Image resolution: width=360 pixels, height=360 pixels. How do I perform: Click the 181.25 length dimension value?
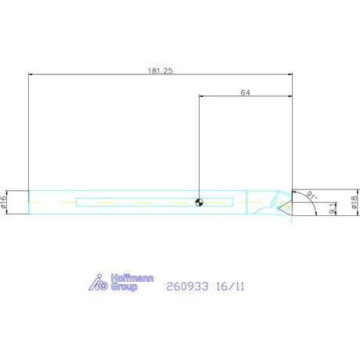[x=160, y=70]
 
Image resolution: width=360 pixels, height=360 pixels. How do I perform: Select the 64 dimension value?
[x=245, y=92]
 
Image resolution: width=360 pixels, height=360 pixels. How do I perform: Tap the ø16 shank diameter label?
[x=3, y=202]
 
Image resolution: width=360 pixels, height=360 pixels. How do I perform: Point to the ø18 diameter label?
[x=354, y=203]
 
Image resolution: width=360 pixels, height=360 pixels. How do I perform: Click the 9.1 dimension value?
[x=332, y=209]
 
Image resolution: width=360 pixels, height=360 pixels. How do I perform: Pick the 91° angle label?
[x=311, y=195]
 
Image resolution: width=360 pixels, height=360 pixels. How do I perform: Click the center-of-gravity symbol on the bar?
[x=199, y=202]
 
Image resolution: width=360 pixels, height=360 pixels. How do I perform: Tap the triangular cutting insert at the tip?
[x=286, y=208]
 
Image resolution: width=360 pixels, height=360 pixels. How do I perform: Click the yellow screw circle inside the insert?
[x=287, y=208]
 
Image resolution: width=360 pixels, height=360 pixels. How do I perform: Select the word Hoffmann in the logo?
[x=132, y=278]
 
